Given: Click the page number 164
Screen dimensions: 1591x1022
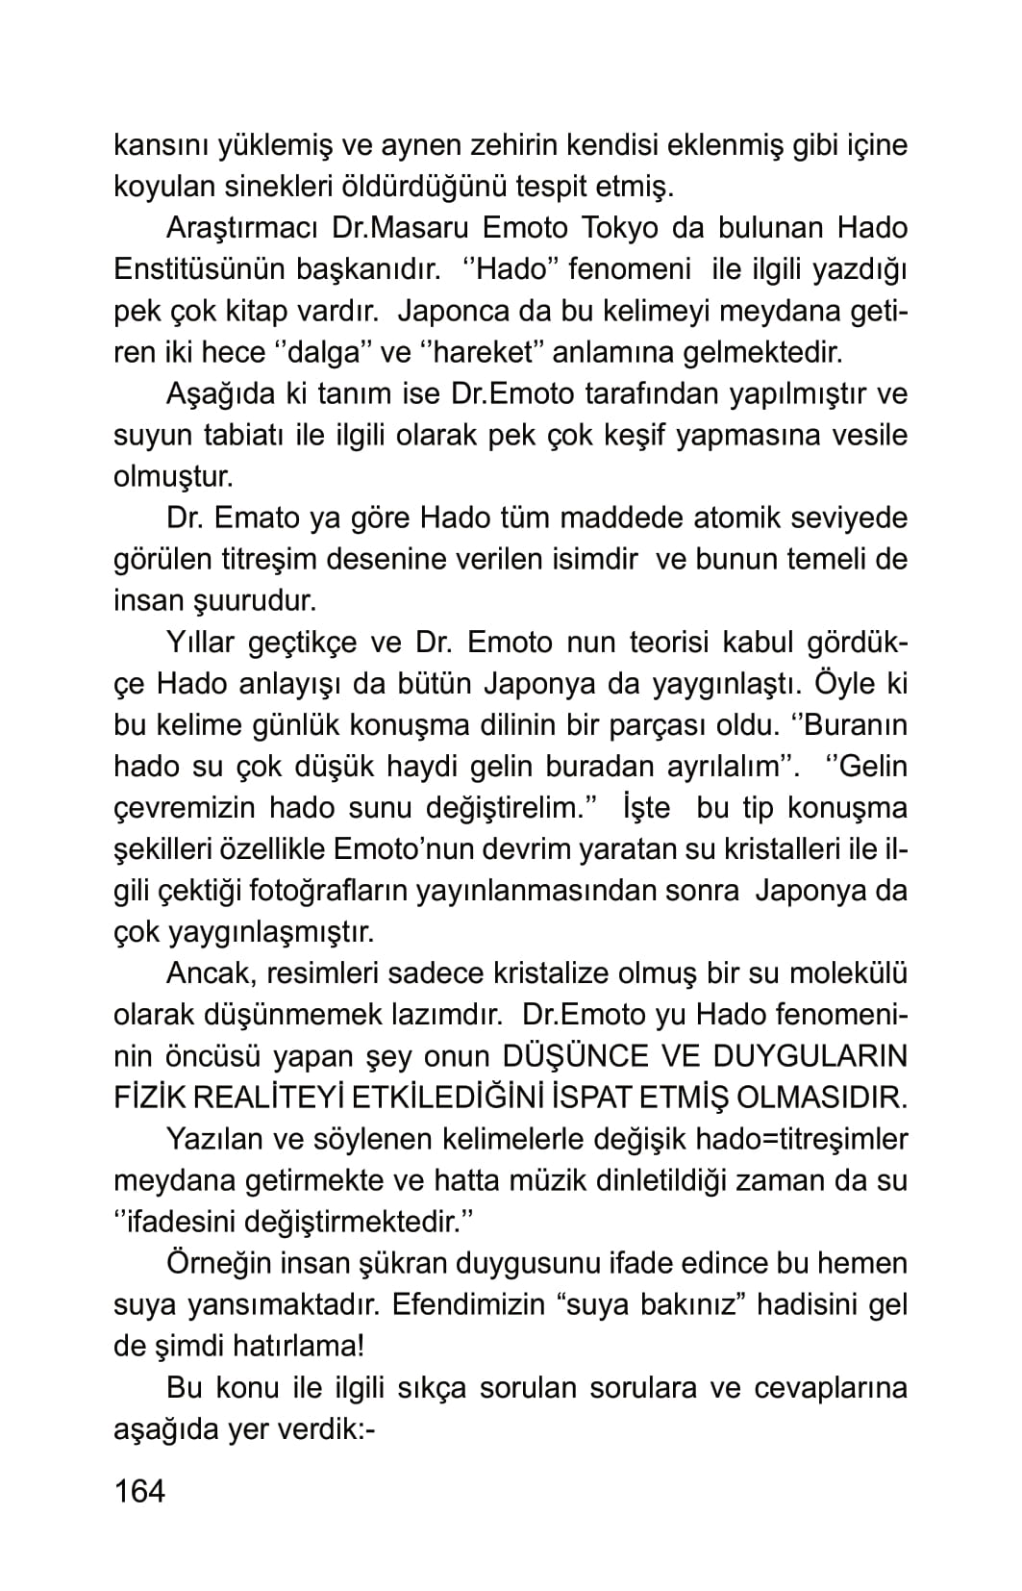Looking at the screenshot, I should point(139,1490).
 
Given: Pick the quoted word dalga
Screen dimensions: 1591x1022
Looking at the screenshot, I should point(323,352).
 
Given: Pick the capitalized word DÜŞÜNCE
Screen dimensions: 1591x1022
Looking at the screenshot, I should point(574,1055).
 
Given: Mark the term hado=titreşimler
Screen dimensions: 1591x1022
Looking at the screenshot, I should point(801,1138).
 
